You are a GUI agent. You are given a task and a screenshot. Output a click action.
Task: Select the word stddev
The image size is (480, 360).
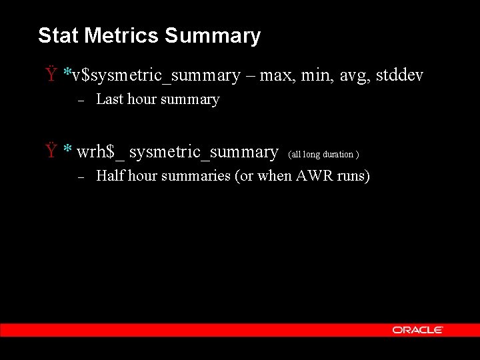point(399,75)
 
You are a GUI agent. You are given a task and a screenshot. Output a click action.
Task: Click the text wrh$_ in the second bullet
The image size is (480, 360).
point(100,152)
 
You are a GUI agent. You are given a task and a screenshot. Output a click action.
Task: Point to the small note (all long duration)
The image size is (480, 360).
point(324,155)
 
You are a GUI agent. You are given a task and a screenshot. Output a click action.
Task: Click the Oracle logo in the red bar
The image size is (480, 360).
point(417,330)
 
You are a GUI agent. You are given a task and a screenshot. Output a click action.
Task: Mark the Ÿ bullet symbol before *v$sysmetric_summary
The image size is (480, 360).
point(51,75)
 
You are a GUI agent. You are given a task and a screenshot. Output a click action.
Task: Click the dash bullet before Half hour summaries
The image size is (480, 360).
point(79,177)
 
